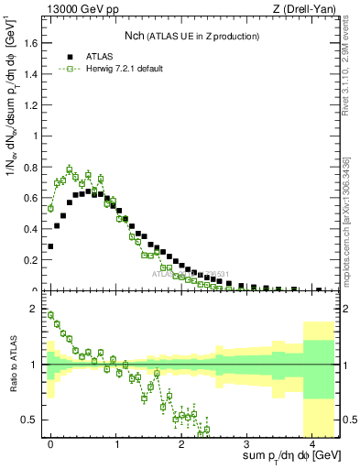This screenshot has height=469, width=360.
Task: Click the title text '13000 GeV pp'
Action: [75, 8]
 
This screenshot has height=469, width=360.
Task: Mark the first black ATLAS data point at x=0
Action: [51, 246]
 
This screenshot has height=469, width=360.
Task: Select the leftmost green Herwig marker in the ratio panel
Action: [51, 315]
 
